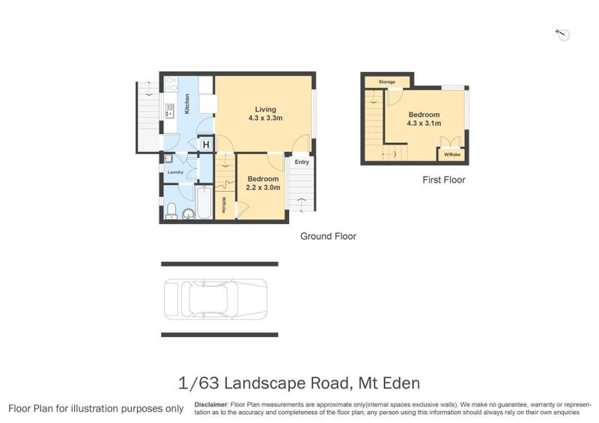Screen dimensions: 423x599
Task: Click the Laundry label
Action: tap(175, 172)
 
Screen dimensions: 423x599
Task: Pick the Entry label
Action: tap(302, 162)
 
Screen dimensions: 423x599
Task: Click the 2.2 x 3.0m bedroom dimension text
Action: tap(263, 188)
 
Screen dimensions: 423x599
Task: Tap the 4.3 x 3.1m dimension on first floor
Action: tap(424, 124)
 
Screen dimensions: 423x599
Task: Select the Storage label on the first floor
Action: tap(386, 82)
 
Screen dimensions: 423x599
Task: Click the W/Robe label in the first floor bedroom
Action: tap(451, 155)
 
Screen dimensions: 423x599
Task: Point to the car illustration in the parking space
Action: tap(216, 299)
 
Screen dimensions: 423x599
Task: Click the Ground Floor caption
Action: tap(328, 236)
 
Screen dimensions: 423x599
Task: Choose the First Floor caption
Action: tap(443, 180)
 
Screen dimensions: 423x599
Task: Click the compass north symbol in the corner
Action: tap(562, 34)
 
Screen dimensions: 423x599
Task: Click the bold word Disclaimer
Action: tap(210, 404)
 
